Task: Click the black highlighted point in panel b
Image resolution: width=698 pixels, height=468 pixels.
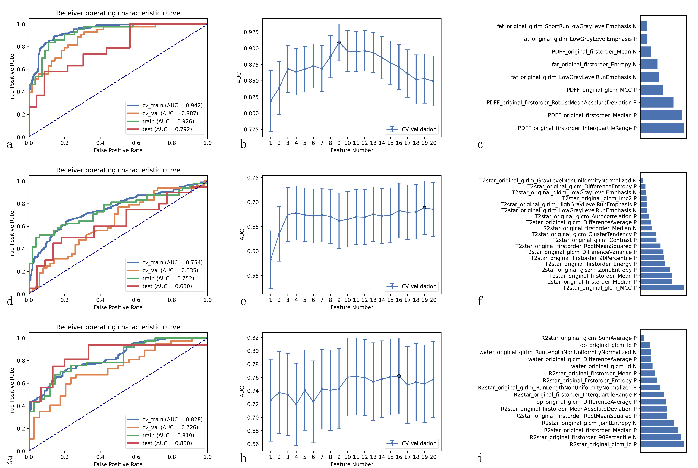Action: tap(339, 42)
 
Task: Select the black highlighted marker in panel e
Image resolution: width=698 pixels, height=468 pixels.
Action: tap(424, 208)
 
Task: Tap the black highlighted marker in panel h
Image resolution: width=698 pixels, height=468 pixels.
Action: tap(399, 376)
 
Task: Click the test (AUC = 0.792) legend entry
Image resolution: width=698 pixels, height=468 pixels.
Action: tap(167, 129)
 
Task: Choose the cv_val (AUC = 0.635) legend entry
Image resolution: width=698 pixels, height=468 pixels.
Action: tap(170, 270)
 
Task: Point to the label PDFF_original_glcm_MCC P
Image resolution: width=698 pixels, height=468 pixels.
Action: tap(601, 90)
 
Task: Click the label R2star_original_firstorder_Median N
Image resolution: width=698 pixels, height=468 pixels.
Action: tap(590, 228)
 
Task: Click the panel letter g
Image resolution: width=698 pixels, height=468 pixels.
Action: tap(10, 459)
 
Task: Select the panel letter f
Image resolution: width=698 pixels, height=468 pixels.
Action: tap(480, 301)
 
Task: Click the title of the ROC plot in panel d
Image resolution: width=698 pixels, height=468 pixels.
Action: tap(118, 170)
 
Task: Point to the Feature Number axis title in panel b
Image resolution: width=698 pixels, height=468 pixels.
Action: tap(352, 150)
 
